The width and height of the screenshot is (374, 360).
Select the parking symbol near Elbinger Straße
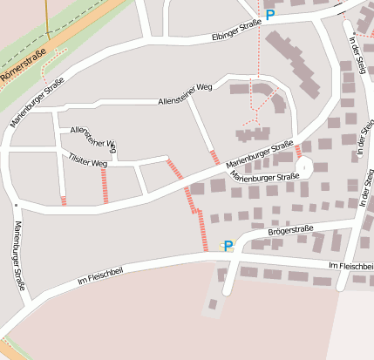coord(270,15)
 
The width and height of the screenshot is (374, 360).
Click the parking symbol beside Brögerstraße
coord(228,246)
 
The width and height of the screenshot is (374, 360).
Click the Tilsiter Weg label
coord(87,160)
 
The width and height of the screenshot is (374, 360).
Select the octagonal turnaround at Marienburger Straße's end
coord(304,166)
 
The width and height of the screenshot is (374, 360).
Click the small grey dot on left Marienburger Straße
coord(16,206)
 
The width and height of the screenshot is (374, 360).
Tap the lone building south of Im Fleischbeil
coord(213,304)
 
